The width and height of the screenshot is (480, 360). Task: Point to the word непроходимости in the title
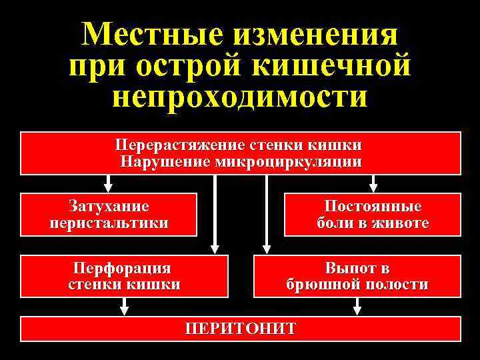240,97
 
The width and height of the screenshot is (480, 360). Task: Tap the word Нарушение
165,162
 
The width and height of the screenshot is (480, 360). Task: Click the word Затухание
109,206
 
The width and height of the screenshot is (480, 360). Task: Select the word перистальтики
109,222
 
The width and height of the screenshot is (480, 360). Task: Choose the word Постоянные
373,206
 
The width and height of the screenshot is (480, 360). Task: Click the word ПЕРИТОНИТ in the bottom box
241,329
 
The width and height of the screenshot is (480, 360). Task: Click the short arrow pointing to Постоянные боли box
373,183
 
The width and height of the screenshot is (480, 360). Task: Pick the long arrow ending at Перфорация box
214,213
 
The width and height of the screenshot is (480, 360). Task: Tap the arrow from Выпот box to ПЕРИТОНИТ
357,306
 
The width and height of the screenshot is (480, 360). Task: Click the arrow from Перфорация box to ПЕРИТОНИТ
124,306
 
